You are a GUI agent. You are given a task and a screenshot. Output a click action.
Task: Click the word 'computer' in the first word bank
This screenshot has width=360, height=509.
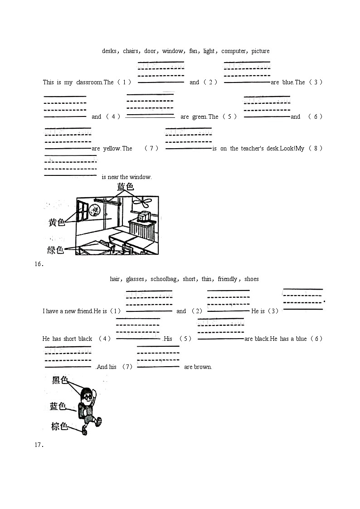[x=234, y=51]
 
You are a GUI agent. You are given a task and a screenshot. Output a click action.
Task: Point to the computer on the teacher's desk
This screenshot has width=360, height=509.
[x=144, y=217]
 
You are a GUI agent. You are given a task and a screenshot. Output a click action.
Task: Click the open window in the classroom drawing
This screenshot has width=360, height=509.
[x=83, y=212]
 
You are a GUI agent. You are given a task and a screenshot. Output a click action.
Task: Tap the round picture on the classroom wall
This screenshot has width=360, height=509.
[x=94, y=211]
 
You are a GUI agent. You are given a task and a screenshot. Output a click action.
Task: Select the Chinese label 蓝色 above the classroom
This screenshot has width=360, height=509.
[x=126, y=187]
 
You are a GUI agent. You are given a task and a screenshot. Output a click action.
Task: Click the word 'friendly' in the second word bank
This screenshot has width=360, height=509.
[x=228, y=279]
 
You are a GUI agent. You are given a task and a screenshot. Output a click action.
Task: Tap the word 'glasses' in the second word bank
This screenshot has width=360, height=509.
[x=135, y=279]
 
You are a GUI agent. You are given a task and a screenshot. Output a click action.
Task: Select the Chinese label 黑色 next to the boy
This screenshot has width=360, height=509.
[x=59, y=380]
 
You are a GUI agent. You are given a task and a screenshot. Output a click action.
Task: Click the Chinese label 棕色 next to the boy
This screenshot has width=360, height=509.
[x=59, y=426]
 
